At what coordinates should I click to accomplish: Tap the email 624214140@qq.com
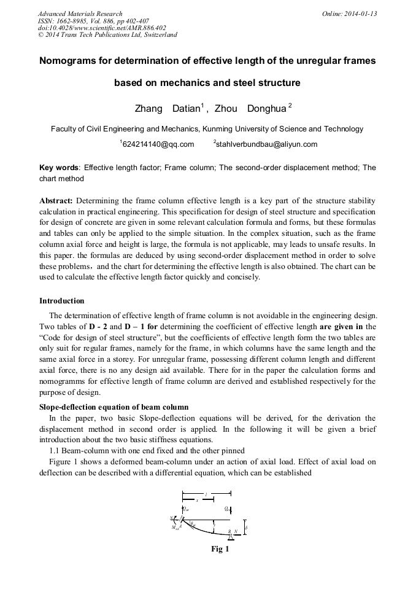pos(158,144)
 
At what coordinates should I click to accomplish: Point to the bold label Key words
pos(58,168)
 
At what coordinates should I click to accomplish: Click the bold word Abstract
pos(56,201)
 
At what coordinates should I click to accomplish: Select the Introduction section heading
pos(62,301)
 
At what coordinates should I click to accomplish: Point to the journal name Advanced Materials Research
pos(80,14)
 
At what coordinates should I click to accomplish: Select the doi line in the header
pos(102,28)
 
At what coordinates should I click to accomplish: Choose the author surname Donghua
pos(266,109)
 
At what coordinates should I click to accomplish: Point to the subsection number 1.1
pos(55,451)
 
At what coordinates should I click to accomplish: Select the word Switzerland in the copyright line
pos(156,34)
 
